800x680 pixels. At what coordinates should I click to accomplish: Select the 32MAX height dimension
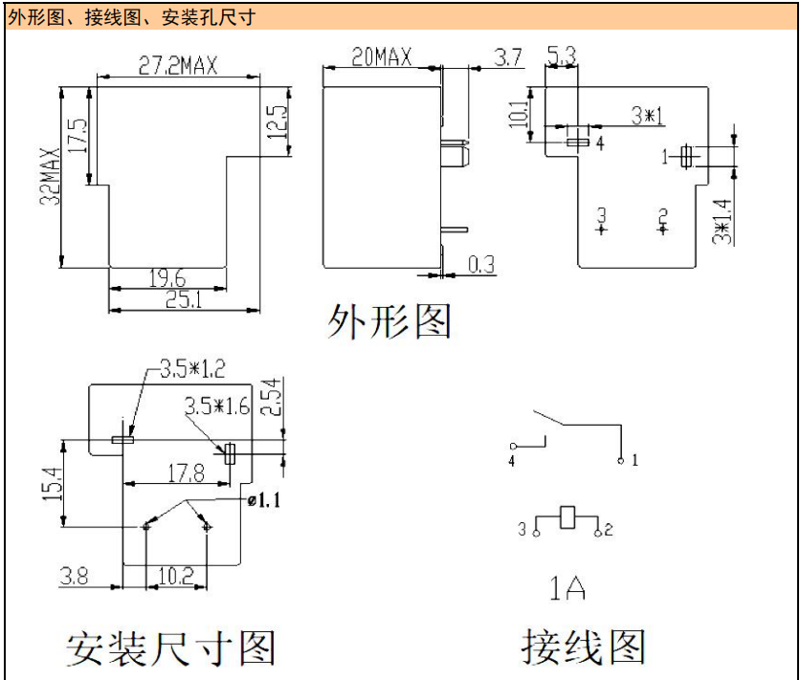[x=49, y=179]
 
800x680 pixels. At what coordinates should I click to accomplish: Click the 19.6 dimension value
[x=167, y=277]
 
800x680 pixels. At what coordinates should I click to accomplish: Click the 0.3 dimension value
[x=481, y=264]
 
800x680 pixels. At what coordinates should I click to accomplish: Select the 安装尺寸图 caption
[x=170, y=647]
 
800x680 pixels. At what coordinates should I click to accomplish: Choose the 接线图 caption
[x=583, y=646]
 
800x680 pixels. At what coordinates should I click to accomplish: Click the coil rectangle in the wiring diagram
[x=568, y=517]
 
